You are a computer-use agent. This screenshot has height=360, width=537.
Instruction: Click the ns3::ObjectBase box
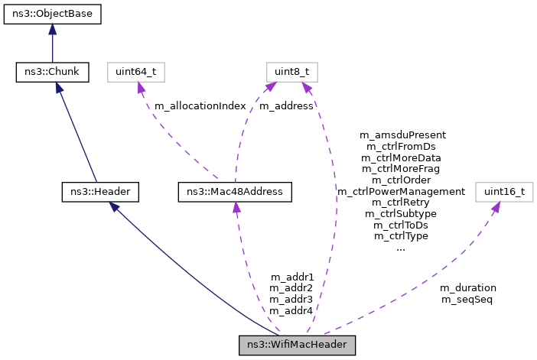pyautogui.click(x=52, y=14)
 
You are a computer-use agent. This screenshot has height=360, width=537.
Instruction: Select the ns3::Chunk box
pyautogui.click(x=52, y=73)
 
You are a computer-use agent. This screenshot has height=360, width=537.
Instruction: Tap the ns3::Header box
pyautogui.click(x=99, y=191)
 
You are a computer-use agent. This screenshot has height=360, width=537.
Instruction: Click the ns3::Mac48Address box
pyautogui.click(x=234, y=191)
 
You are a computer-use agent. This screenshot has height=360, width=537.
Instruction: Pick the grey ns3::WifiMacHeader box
pyautogui.click(x=298, y=345)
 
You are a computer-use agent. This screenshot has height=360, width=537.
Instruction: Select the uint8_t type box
pyautogui.click(x=291, y=73)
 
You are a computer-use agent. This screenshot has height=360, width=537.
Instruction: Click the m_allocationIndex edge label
pyautogui.click(x=200, y=106)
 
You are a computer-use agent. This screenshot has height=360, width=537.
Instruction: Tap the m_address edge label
pyautogui.click(x=286, y=106)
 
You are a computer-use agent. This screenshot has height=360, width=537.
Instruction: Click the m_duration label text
pyautogui.click(x=467, y=288)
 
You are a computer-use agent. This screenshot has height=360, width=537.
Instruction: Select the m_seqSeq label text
pyautogui.click(x=467, y=300)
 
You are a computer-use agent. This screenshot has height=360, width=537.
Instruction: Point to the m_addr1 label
pyautogui.click(x=291, y=277)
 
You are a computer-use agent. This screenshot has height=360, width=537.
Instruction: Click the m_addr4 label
pyautogui.click(x=291, y=311)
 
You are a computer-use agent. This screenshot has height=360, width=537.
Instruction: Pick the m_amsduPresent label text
pyautogui.click(x=402, y=135)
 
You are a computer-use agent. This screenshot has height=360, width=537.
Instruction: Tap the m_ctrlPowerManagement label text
pyautogui.click(x=402, y=191)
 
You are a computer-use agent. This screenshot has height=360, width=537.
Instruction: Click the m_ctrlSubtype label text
pyautogui.click(x=402, y=214)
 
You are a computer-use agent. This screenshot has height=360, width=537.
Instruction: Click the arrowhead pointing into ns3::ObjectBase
pyautogui.click(x=52, y=29)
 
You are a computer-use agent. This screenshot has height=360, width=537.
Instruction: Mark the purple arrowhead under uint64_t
pyautogui.click(x=140, y=88)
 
